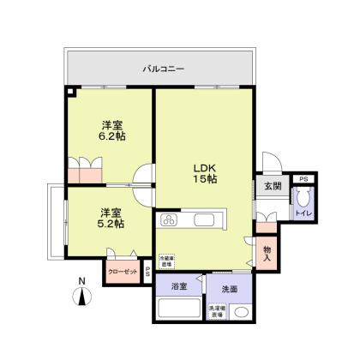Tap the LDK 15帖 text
click(x=203, y=171)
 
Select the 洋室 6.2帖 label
click(x=110, y=129)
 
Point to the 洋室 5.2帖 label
click(x=110, y=218)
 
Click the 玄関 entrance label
click(x=272, y=187)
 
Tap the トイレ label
click(x=303, y=212)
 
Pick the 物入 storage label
click(x=267, y=253)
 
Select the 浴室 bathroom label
click(x=178, y=287)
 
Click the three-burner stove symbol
click(x=169, y=219)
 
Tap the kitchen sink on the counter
click(x=208, y=218)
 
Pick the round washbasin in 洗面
click(x=243, y=311)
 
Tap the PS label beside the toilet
click(x=303, y=178)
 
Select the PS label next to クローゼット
click(x=148, y=272)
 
